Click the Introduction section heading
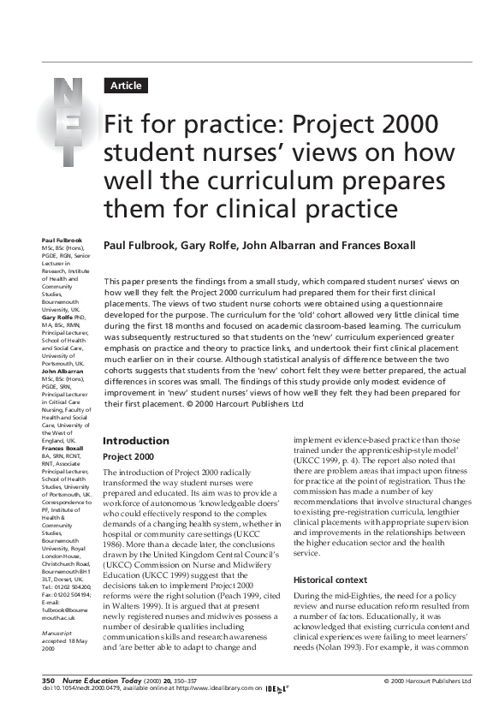click(x=136, y=441)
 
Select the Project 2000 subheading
click(x=129, y=457)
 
